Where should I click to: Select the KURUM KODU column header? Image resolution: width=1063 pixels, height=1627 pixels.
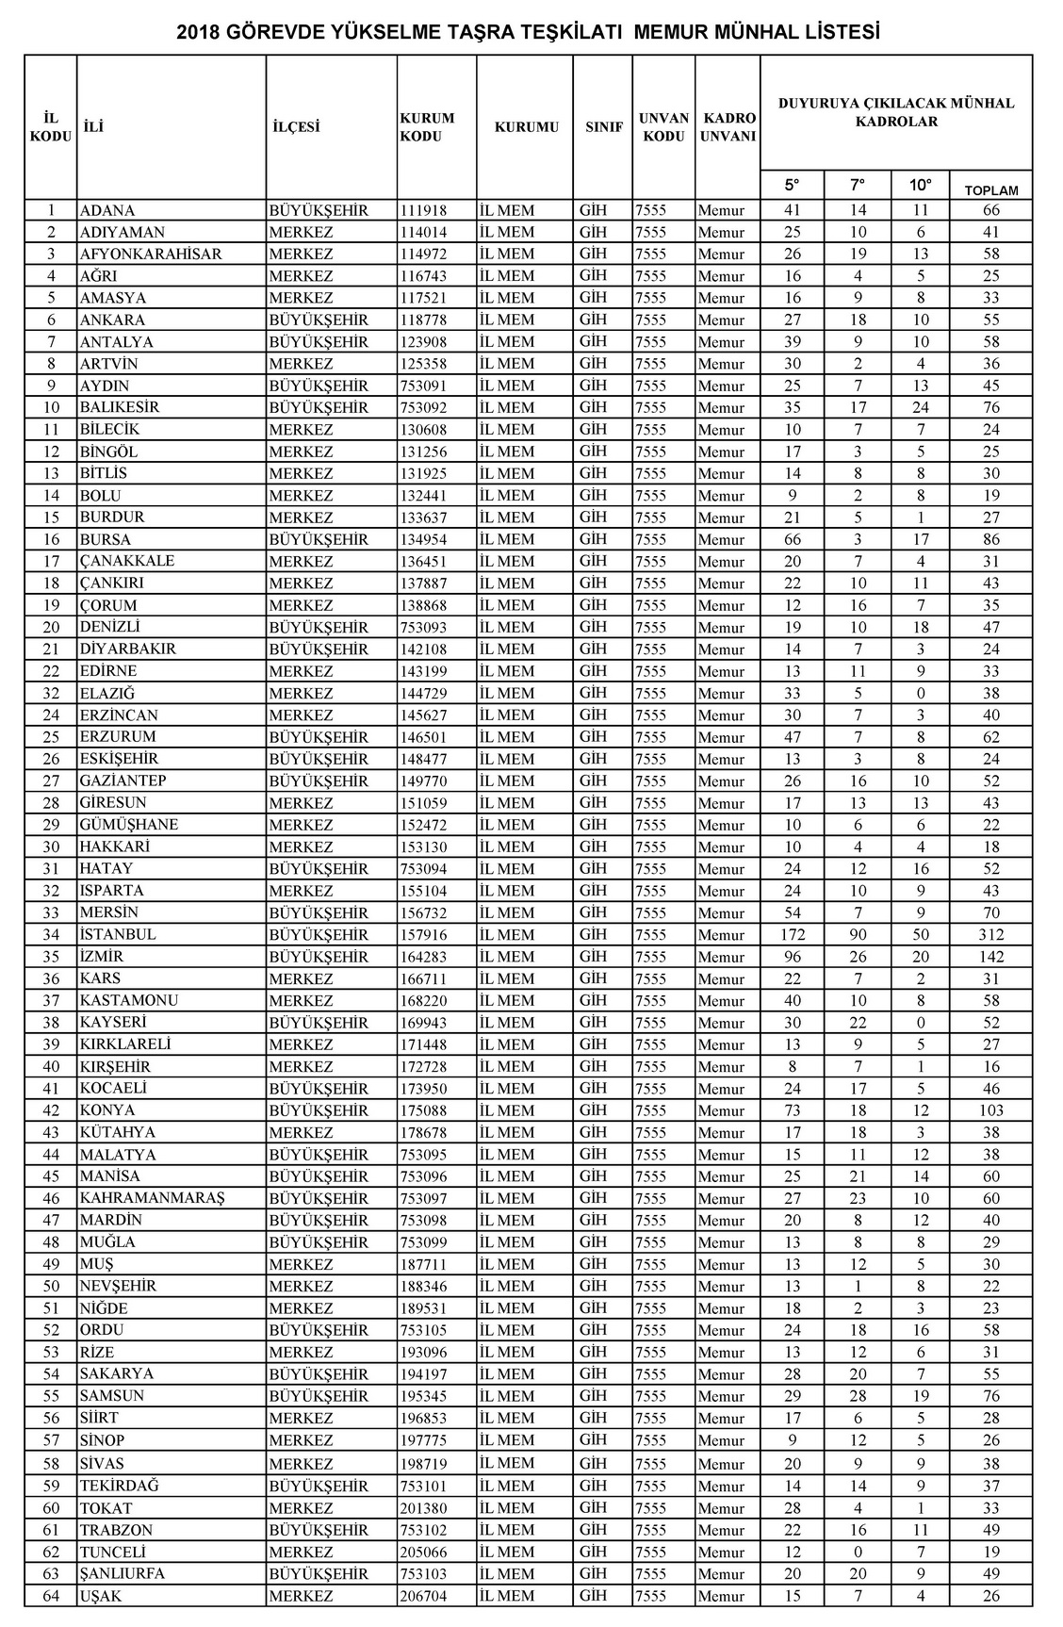coord(427,127)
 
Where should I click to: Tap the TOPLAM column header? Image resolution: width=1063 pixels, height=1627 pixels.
coord(990,190)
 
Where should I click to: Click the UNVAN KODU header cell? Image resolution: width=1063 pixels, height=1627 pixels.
coord(663,127)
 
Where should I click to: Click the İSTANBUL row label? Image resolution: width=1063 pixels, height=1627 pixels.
coord(118,934)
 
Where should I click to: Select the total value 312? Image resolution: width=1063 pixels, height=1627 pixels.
coord(990,935)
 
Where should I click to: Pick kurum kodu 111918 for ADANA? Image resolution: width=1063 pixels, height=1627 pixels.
coord(423,210)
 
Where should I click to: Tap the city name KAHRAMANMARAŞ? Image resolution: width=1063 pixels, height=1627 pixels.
coord(152,1198)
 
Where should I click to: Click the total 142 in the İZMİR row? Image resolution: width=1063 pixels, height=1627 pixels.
coord(990,957)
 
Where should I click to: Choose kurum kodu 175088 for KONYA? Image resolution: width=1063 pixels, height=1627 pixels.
coord(423,1110)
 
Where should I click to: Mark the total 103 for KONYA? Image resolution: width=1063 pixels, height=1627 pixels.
coord(990,1110)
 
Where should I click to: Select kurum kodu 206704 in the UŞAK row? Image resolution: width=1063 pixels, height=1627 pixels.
coord(423,1596)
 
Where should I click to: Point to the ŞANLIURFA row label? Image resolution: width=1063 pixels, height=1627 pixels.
coord(122,1573)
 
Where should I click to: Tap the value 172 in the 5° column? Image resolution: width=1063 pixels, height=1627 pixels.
coord(792,935)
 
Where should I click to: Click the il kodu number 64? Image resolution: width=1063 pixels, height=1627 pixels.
coord(51,1596)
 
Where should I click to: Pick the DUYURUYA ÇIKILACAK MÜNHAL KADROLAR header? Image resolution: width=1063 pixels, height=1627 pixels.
coord(895,112)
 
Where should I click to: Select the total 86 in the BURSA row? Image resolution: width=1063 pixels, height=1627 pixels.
coord(990,540)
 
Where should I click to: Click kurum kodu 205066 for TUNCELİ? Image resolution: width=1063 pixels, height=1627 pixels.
coord(423,1552)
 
